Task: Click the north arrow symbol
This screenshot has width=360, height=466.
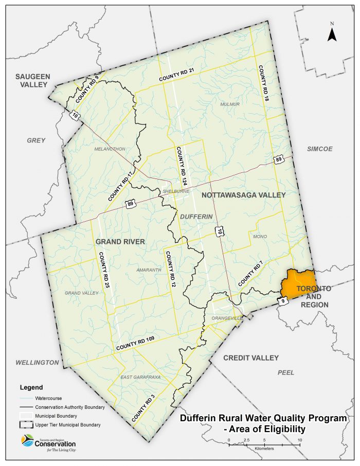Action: click(x=332, y=33)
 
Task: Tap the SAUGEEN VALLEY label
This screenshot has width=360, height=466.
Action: click(x=33, y=80)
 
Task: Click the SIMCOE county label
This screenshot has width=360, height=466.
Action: click(x=319, y=149)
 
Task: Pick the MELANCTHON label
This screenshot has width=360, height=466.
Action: click(x=110, y=149)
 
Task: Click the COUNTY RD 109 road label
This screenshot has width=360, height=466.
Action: click(x=135, y=344)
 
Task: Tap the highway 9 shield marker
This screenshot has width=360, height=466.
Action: click(x=282, y=300)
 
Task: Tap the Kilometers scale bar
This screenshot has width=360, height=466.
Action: click(x=264, y=441)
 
